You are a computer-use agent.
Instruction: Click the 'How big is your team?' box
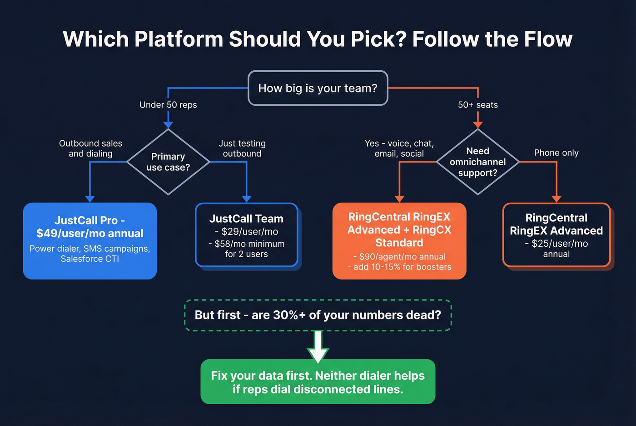tap(318, 88)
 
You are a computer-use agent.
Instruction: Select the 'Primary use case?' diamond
tap(168, 162)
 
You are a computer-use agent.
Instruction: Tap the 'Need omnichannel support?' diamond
tap(477, 162)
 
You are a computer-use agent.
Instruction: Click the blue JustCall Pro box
tap(90, 240)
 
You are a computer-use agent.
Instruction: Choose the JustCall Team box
tap(247, 235)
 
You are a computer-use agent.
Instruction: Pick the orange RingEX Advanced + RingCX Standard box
tap(399, 240)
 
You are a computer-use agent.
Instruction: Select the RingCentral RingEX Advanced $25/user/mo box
tap(556, 235)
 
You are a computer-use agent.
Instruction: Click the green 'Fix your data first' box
tap(318, 382)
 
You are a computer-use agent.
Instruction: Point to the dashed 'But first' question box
tap(318, 315)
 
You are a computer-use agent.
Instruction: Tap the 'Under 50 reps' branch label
tap(168, 105)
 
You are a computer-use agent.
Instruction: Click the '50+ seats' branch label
tap(477, 105)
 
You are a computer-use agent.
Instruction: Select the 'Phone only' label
tap(556, 153)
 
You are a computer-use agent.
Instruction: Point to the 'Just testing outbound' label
tap(242, 148)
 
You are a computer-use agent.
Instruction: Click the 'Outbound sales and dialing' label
tap(90, 148)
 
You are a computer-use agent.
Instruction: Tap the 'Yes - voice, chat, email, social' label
tap(399, 148)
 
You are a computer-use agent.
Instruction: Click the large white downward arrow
tap(318, 347)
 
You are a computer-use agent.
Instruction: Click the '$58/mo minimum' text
tap(247, 244)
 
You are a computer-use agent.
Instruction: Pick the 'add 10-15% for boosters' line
tap(400, 267)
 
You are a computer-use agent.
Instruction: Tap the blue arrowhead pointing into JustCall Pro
tap(90, 199)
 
